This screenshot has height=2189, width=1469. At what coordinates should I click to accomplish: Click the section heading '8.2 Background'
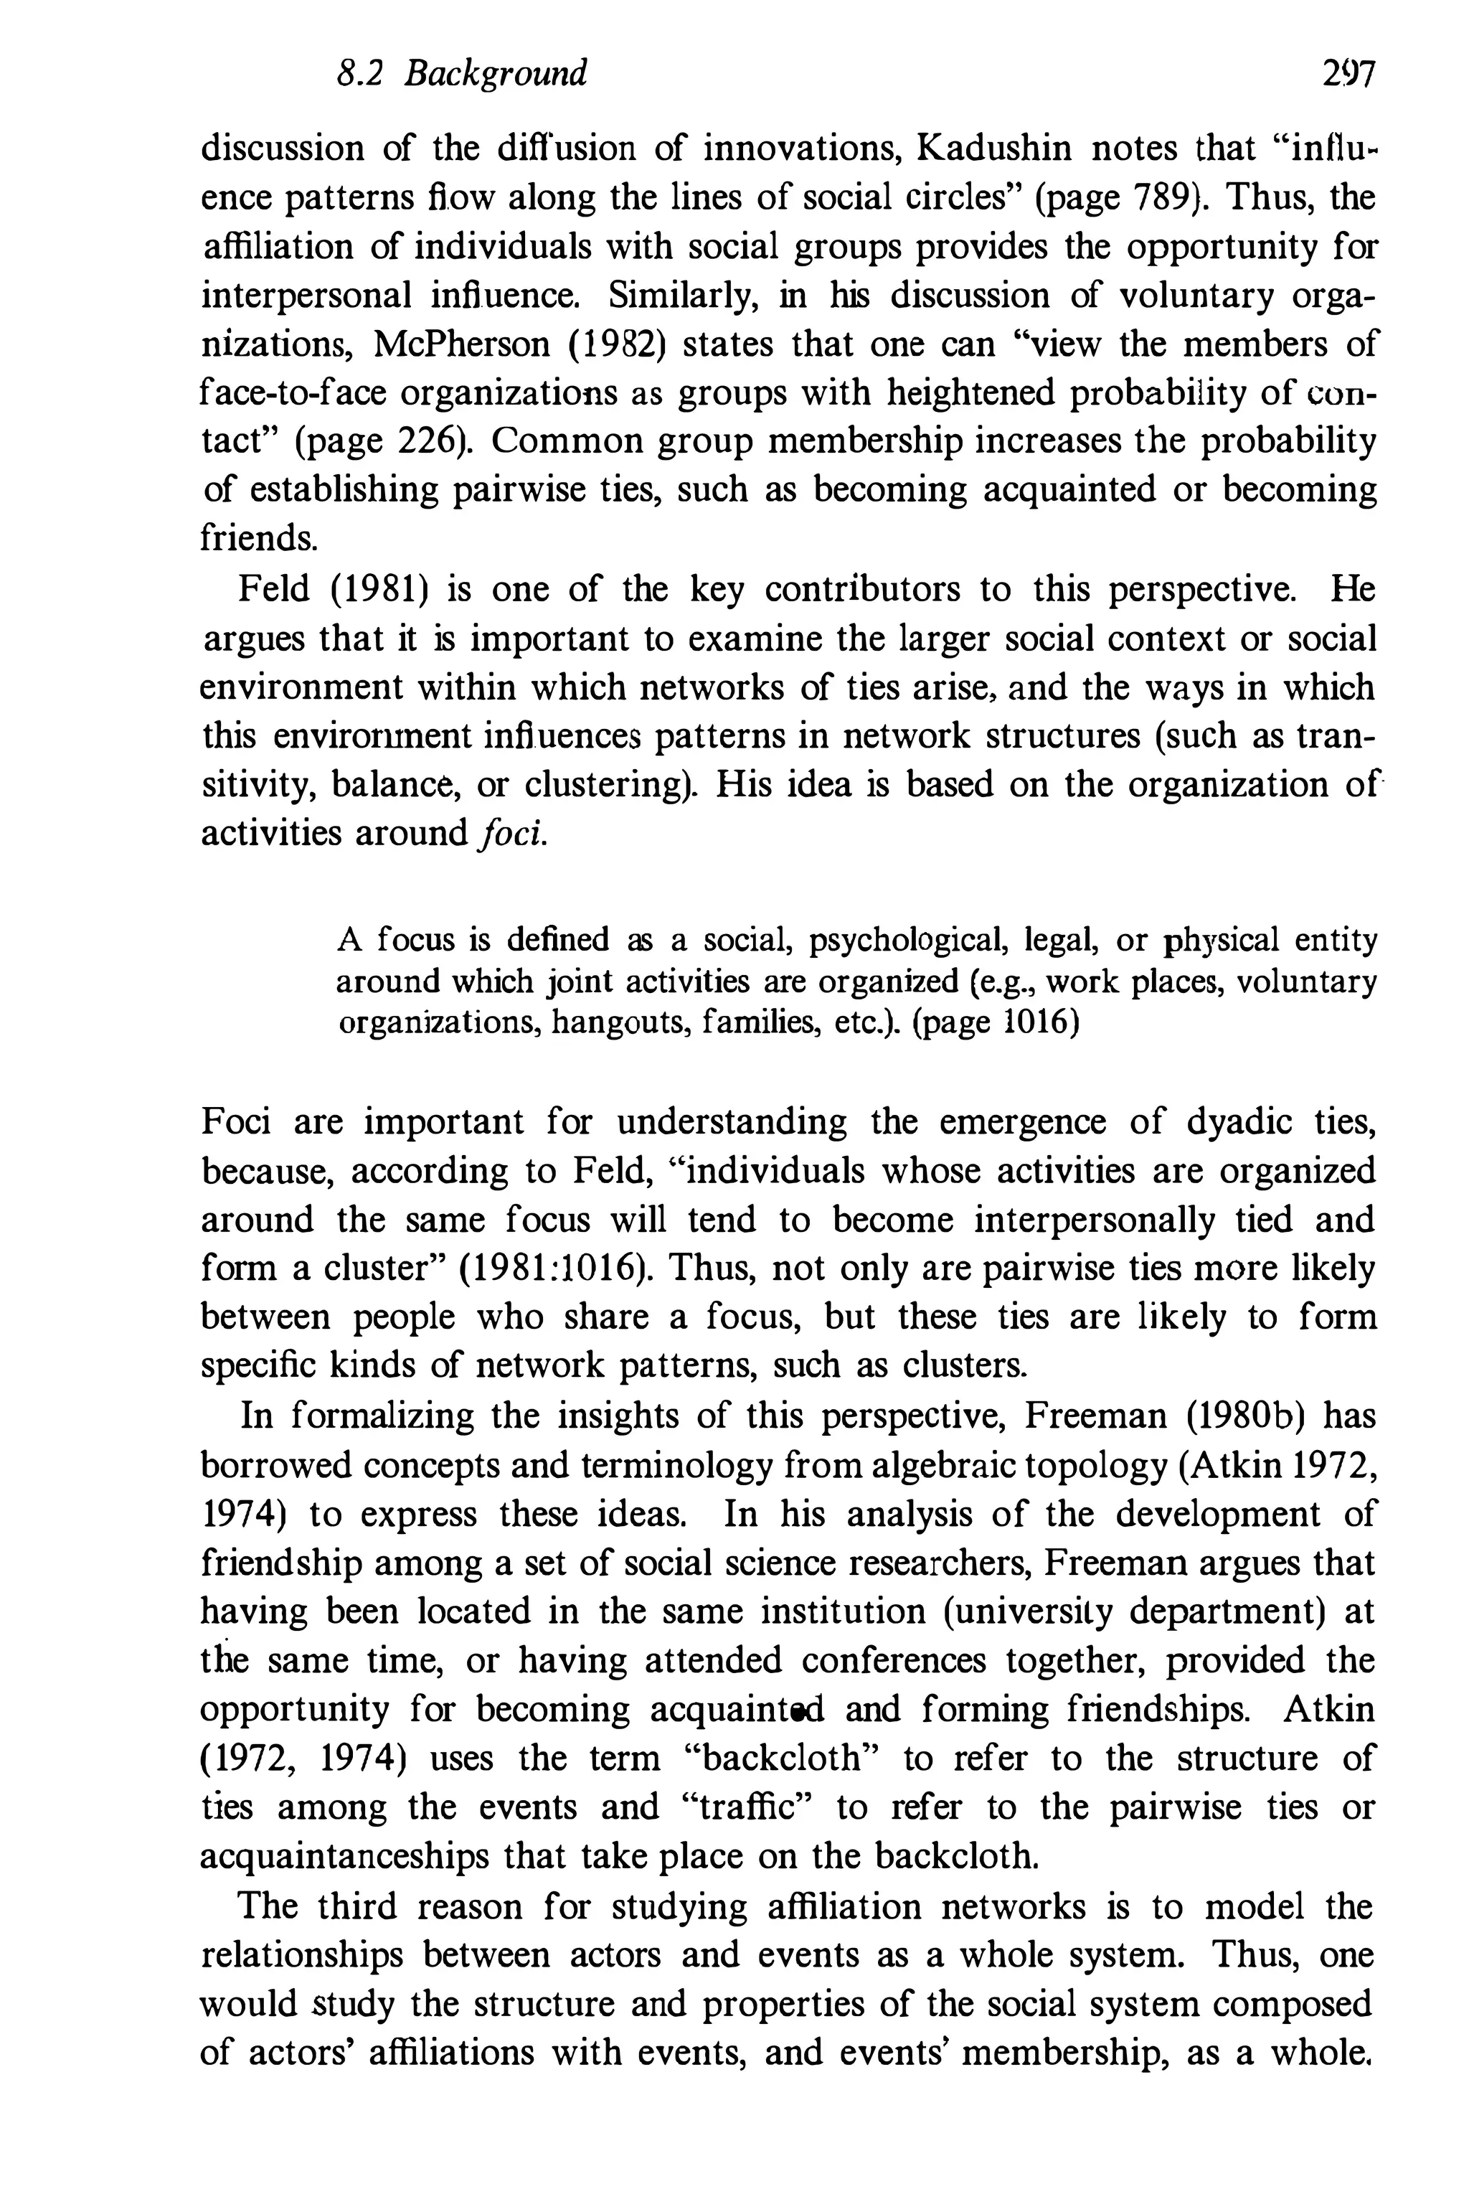462,72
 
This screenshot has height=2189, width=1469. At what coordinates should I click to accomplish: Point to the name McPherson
462,344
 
